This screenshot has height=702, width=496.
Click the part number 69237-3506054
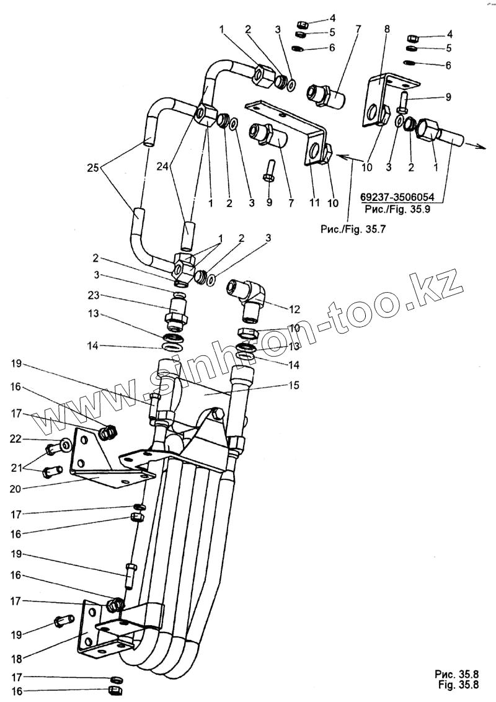pos(396,198)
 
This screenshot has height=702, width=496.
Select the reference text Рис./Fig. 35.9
pos(396,208)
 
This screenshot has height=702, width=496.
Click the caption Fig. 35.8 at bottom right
pos(458,685)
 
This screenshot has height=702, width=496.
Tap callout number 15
pos(293,385)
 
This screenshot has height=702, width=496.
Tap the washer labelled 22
pos(65,444)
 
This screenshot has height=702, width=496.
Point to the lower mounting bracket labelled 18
pos(102,629)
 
